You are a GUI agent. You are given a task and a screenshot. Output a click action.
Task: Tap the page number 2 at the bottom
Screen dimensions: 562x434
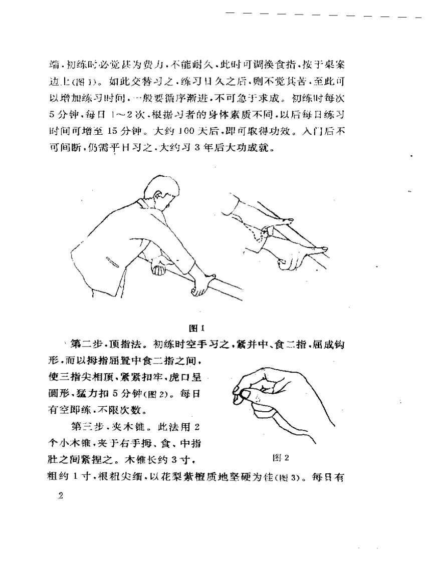click(60, 495)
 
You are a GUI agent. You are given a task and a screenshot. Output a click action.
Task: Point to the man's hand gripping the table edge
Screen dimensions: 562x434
click(199, 286)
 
